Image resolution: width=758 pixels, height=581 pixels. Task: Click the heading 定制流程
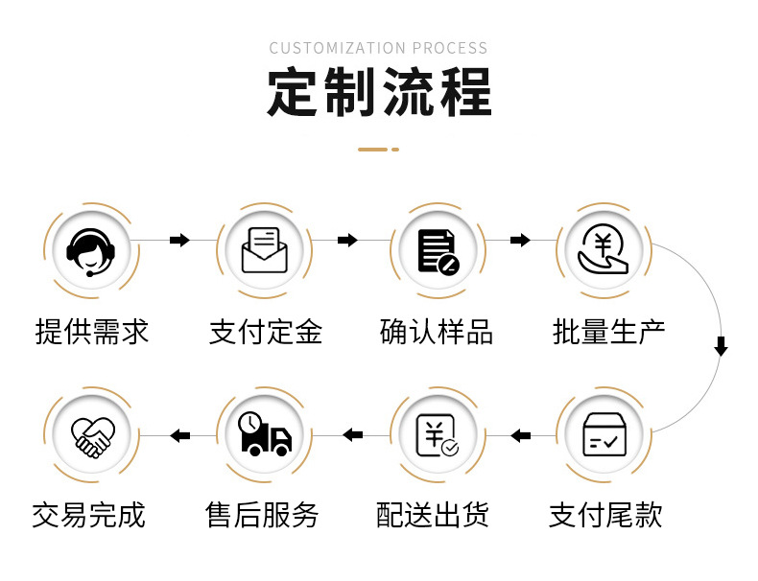[x=379, y=94]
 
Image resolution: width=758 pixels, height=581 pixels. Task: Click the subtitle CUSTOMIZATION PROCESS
[x=378, y=48]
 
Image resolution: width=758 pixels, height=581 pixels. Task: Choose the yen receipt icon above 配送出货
[x=437, y=435]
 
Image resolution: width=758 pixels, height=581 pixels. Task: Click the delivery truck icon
[x=264, y=435]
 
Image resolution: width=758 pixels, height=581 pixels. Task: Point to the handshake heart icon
[x=92, y=435]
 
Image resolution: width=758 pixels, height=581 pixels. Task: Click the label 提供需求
[x=92, y=332]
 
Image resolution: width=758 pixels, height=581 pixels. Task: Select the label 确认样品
[x=437, y=332]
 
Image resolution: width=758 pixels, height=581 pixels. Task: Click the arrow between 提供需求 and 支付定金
[x=179, y=240]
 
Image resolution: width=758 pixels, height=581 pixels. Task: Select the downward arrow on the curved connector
[x=721, y=346]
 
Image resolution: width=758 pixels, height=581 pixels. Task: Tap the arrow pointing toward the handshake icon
[x=179, y=436]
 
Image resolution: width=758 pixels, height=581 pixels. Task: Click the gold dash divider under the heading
[x=378, y=150]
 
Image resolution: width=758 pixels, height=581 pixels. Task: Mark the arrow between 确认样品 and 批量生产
[x=520, y=240]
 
